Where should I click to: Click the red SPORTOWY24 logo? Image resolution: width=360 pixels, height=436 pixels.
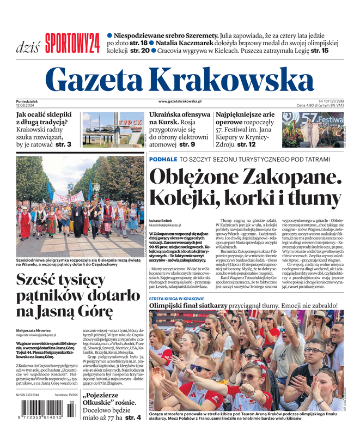click(x=72, y=43)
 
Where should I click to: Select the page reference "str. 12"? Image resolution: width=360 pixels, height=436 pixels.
click(x=245, y=144)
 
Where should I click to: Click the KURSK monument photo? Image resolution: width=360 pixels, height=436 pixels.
click(x=113, y=129)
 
